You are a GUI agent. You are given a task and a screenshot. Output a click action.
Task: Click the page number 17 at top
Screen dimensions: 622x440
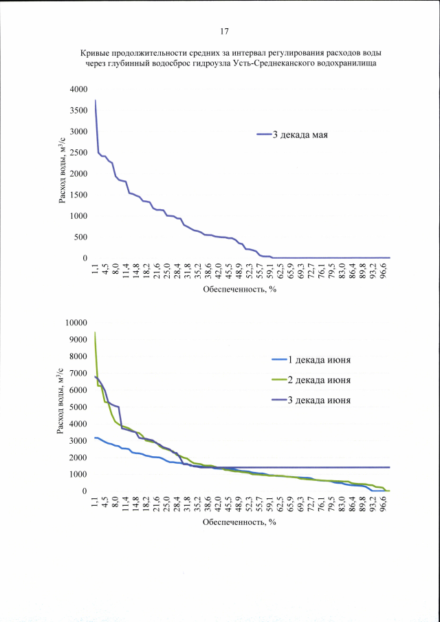pos(223,32)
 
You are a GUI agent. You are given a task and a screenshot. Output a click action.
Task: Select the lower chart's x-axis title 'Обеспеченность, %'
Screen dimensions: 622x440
pos(239,522)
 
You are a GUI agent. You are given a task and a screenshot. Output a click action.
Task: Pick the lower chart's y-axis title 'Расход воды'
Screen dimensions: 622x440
pos(63,406)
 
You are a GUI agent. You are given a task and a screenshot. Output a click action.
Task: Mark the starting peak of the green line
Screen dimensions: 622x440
pos(95,332)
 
